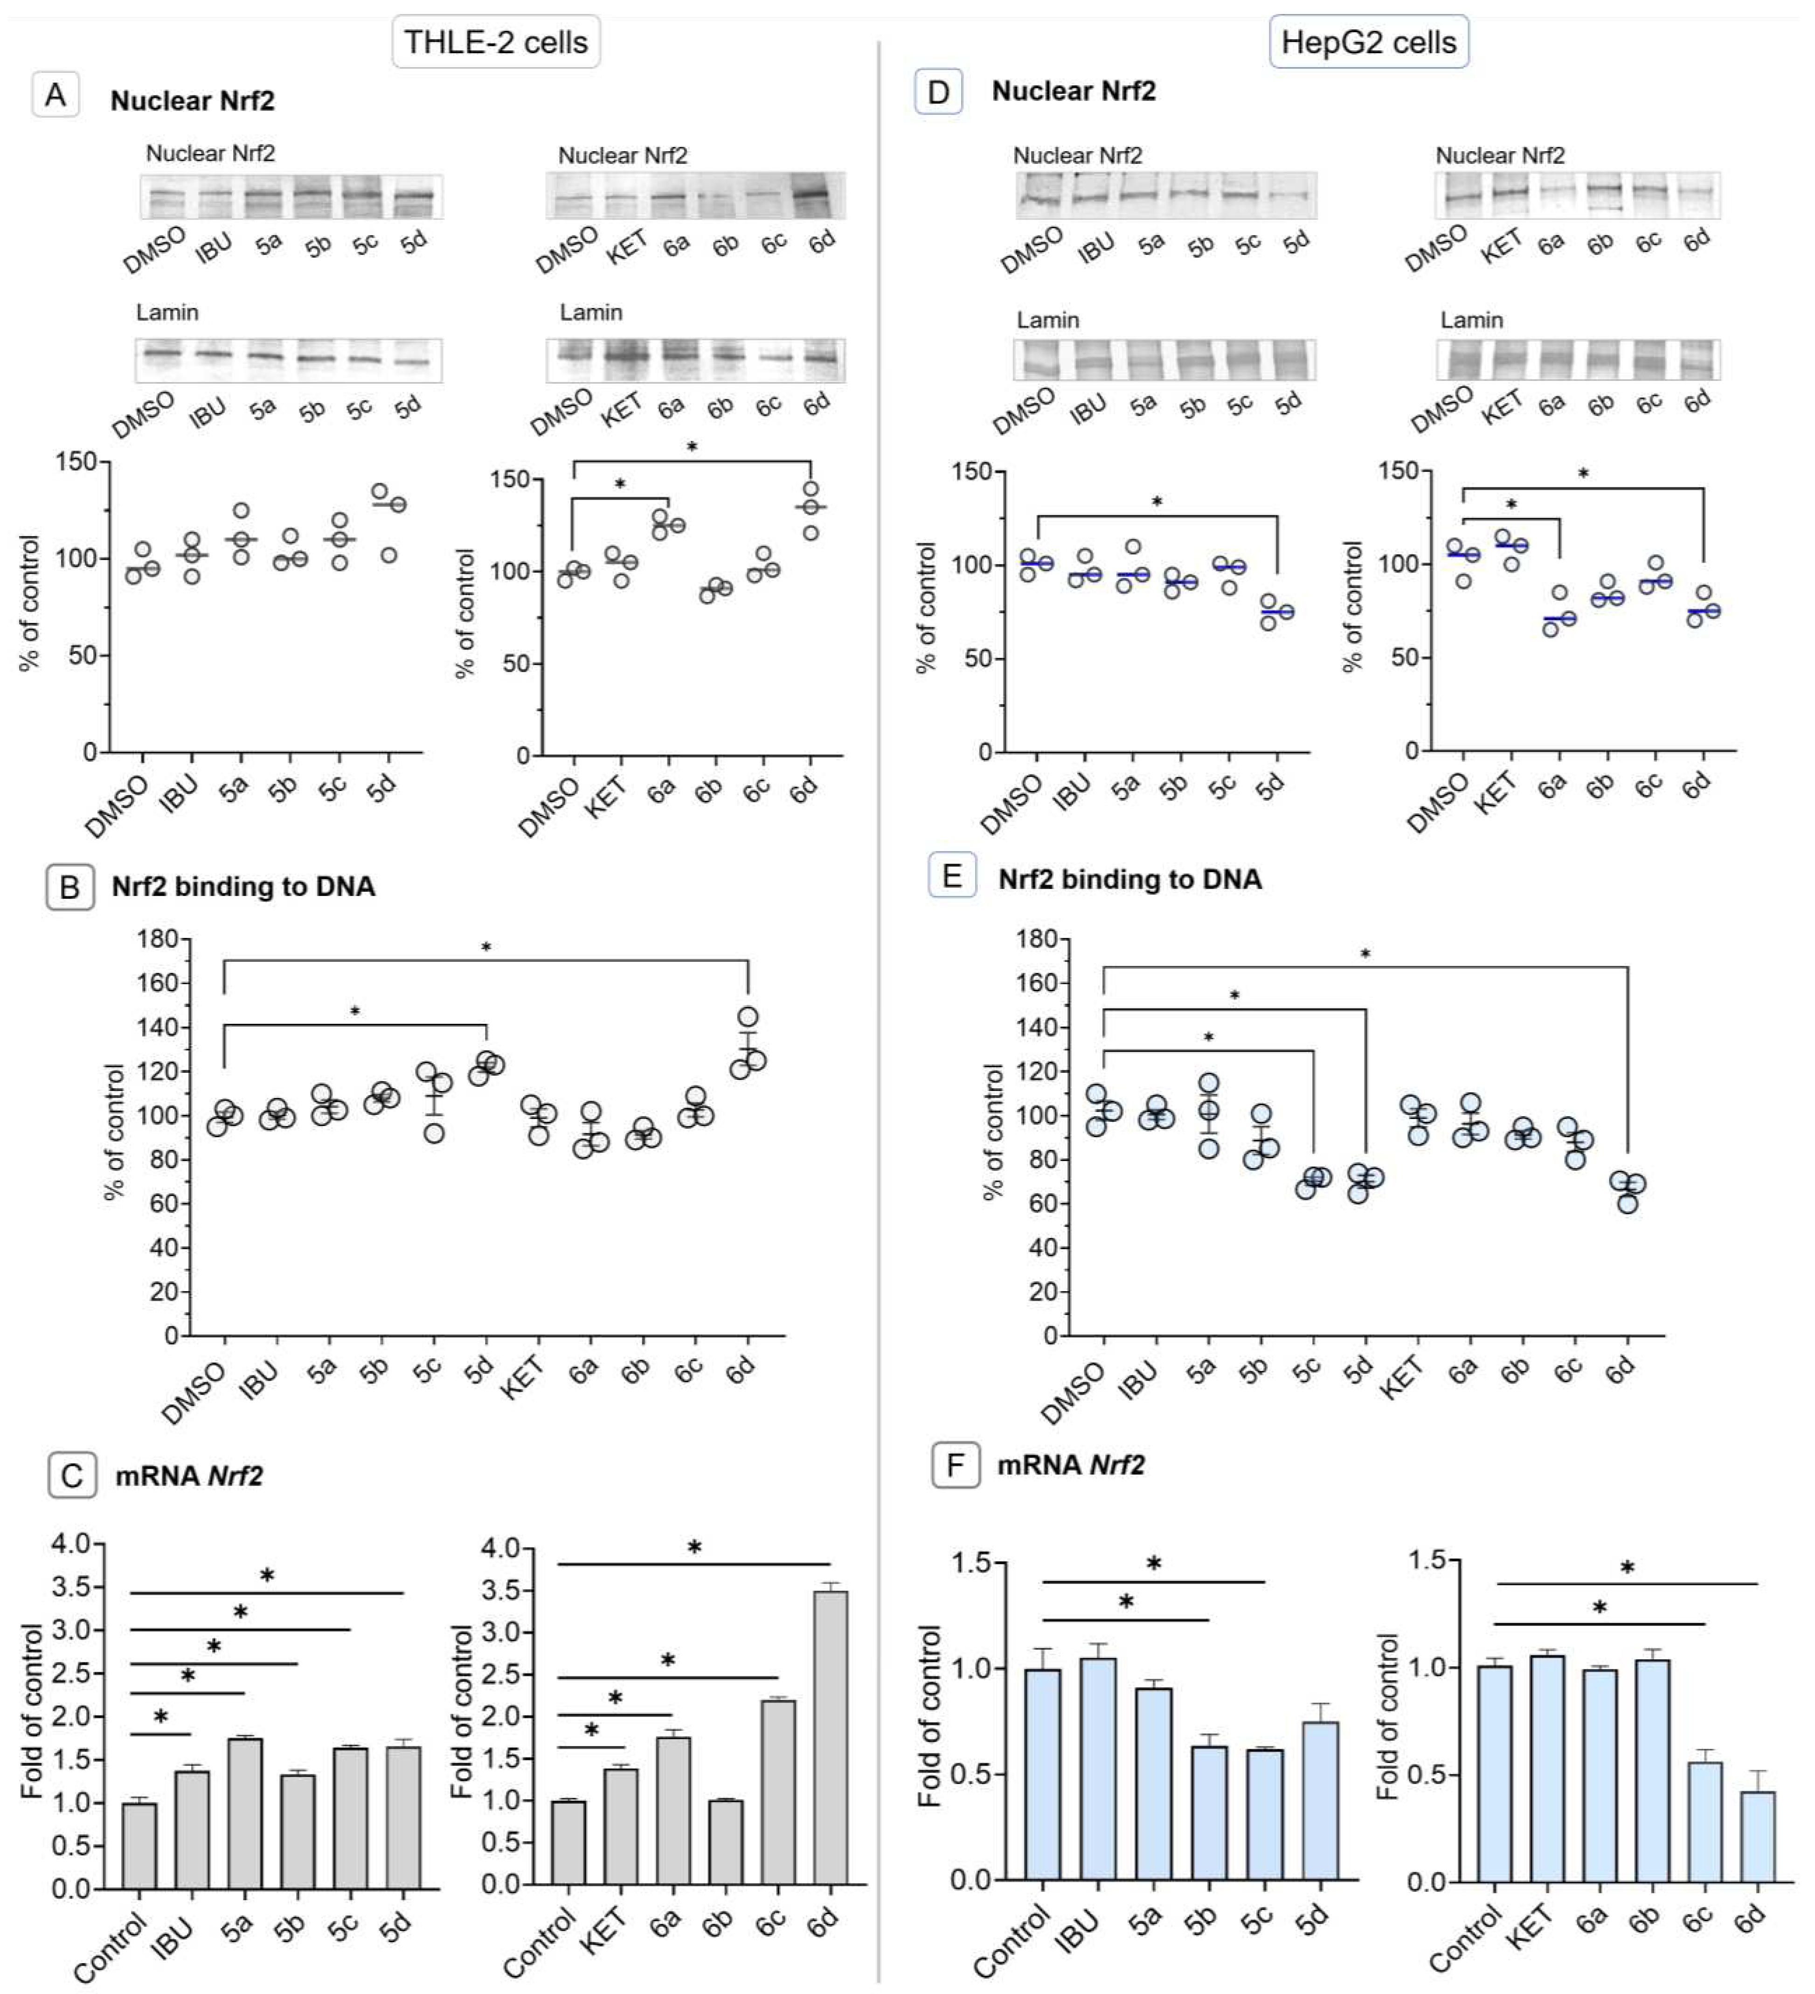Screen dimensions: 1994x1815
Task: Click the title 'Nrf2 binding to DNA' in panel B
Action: [243, 886]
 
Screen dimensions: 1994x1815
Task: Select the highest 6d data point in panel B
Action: [748, 1017]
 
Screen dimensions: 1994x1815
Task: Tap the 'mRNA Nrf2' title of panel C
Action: [189, 1477]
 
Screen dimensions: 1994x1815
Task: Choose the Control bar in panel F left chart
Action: [1043, 1773]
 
